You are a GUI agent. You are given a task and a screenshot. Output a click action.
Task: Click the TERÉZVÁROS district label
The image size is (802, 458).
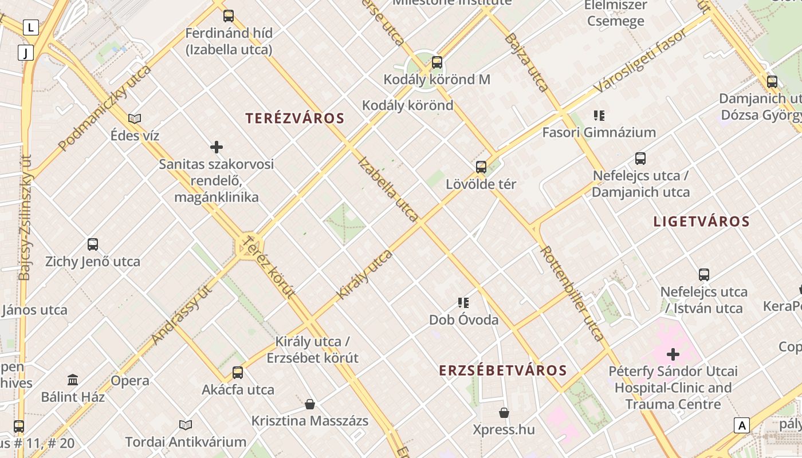click(x=295, y=119)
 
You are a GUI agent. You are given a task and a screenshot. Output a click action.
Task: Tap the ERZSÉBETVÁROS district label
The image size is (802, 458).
click(x=503, y=370)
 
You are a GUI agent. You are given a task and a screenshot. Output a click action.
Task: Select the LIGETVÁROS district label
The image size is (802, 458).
click(x=701, y=222)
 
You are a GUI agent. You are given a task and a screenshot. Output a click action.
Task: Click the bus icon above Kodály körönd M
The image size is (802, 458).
click(x=437, y=62)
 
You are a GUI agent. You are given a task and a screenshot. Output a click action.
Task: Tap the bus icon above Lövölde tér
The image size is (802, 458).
click(x=481, y=167)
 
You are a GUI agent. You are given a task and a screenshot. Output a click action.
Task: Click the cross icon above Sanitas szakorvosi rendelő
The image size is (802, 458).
click(x=217, y=147)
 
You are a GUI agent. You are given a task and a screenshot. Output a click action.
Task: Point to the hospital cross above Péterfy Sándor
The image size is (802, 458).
click(x=673, y=354)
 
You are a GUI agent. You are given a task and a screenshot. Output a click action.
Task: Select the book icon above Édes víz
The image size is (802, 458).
click(x=135, y=119)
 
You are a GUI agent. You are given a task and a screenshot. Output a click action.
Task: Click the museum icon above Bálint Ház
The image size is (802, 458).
click(x=73, y=380)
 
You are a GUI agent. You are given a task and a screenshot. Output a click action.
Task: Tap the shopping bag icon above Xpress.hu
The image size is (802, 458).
click(x=504, y=412)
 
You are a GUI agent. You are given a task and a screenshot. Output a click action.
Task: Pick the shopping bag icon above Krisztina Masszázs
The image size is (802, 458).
click(x=310, y=404)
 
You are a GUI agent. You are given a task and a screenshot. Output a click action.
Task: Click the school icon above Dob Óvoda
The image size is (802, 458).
click(x=463, y=302)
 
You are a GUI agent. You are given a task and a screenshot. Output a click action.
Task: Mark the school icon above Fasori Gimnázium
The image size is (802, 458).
click(x=599, y=115)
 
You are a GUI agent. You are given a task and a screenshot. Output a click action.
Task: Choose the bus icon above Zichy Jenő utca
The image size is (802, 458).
click(x=93, y=244)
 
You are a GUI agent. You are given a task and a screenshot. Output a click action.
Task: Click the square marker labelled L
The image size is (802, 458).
click(x=30, y=27)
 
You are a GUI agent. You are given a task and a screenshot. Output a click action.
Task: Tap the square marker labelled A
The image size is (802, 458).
click(x=742, y=425)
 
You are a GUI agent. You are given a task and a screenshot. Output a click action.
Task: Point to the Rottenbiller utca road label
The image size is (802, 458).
click(x=572, y=293)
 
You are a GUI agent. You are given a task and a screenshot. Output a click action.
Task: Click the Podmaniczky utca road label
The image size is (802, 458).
click(x=104, y=108)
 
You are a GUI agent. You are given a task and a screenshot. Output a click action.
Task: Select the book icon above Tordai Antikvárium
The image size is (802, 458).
click(x=186, y=425)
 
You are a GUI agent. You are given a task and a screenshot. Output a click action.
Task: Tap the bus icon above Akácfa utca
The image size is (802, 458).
click(x=238, y=373)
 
